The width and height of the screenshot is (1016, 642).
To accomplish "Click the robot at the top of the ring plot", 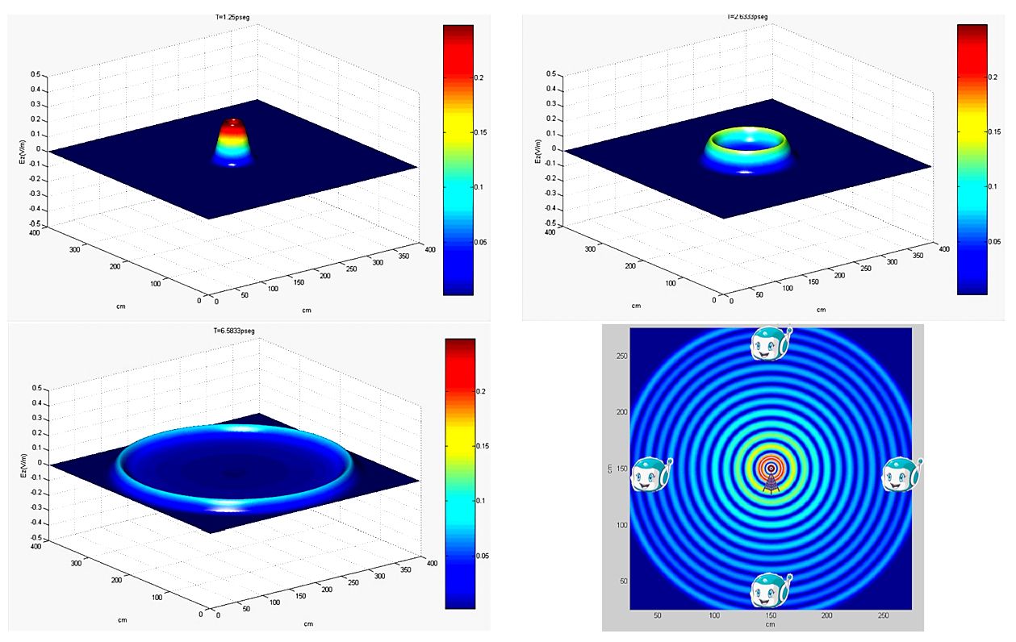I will coord(771,344).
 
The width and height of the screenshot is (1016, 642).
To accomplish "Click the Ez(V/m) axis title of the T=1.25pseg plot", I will coord(22,150).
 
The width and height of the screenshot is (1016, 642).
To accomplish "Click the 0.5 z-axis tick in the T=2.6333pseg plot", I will coord(549,73).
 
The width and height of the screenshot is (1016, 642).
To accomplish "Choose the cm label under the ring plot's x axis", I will coord(771,624).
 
